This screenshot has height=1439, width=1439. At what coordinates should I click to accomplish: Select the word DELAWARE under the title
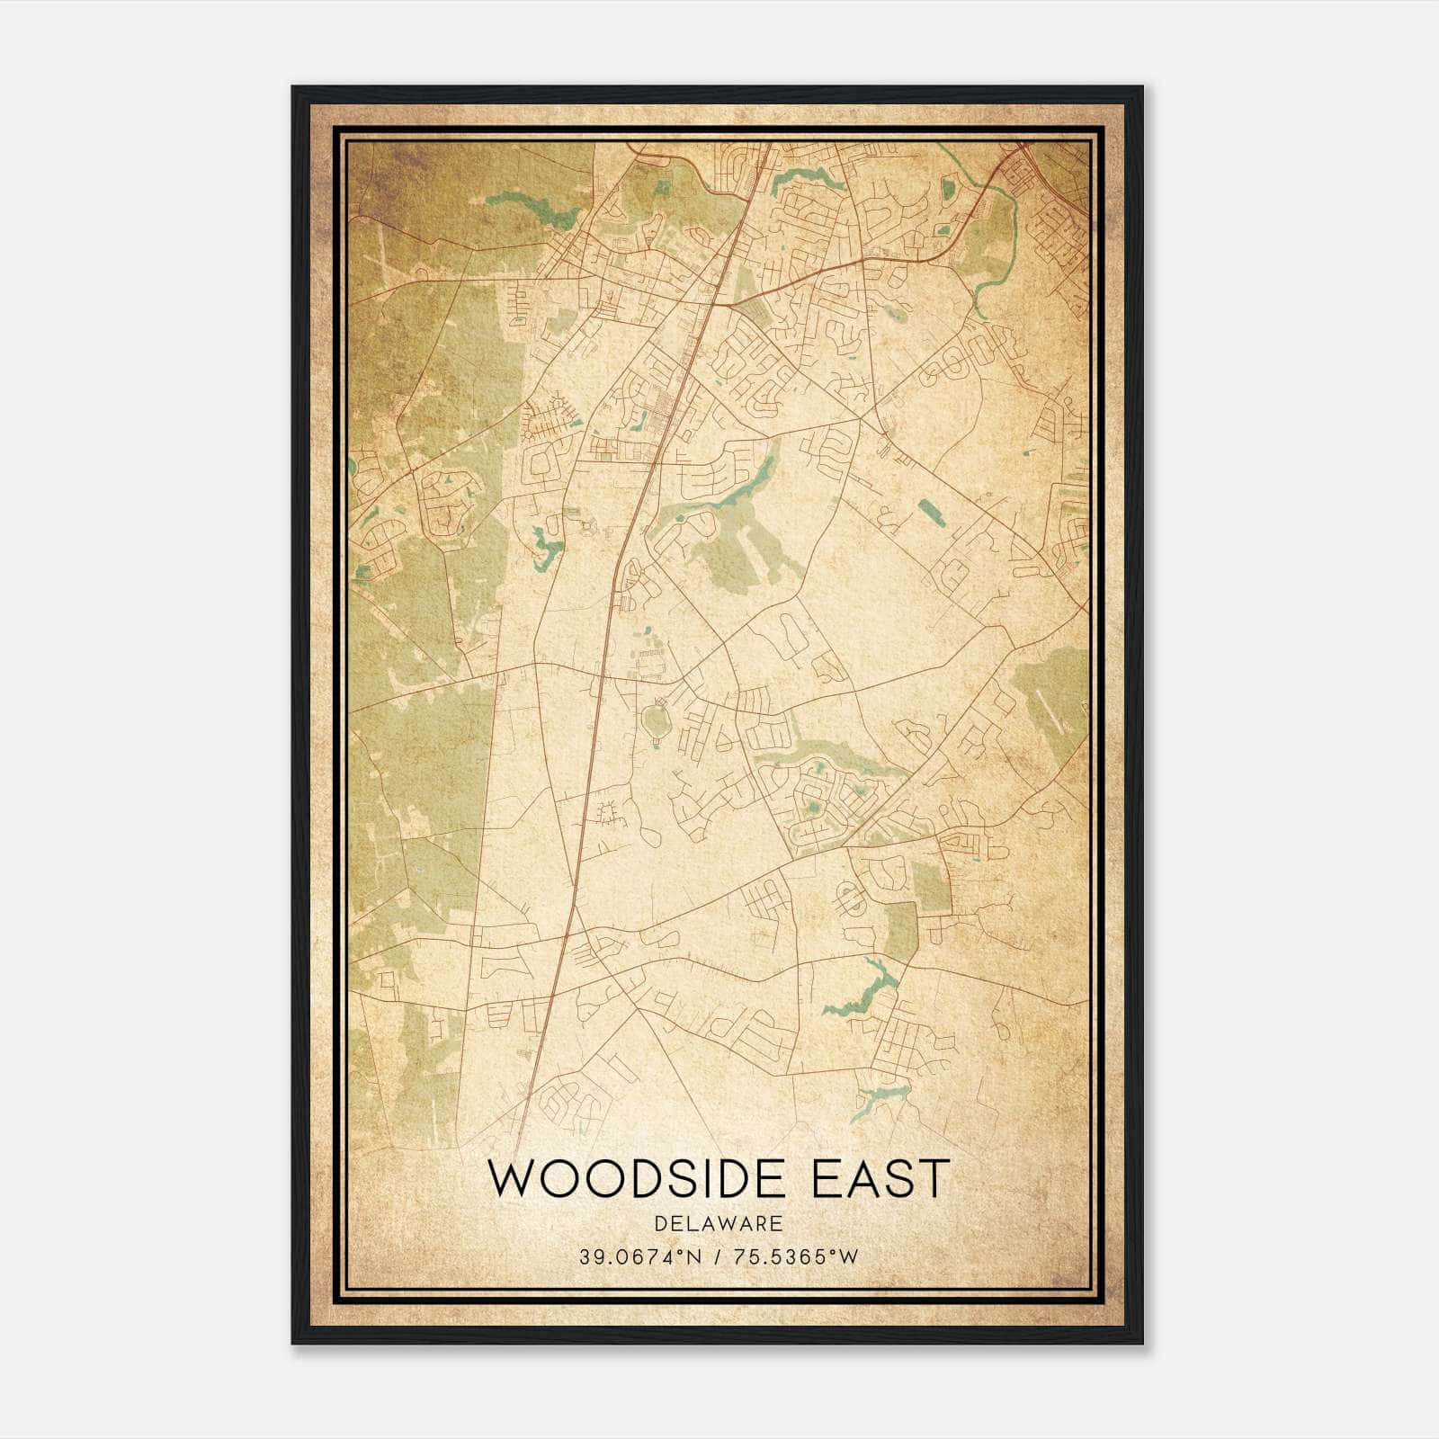(x=719, y=1223)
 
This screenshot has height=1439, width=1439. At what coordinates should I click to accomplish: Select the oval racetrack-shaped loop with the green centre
(x=655, y=720)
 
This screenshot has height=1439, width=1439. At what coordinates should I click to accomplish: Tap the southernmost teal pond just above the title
(x=876, y=1099)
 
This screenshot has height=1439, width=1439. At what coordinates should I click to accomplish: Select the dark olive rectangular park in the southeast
(x=932, y=886)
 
